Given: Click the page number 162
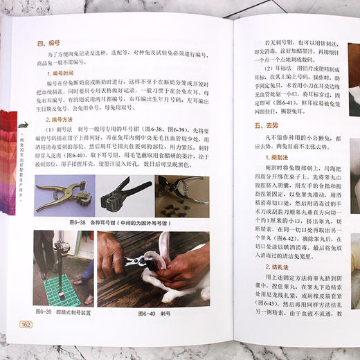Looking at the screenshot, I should click(26, 324).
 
